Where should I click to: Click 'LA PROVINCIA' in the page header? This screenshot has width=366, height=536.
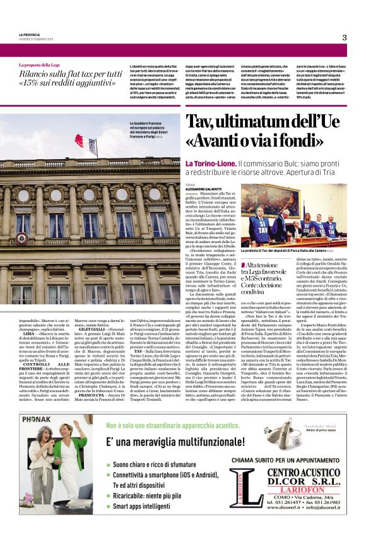point(30,34)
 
